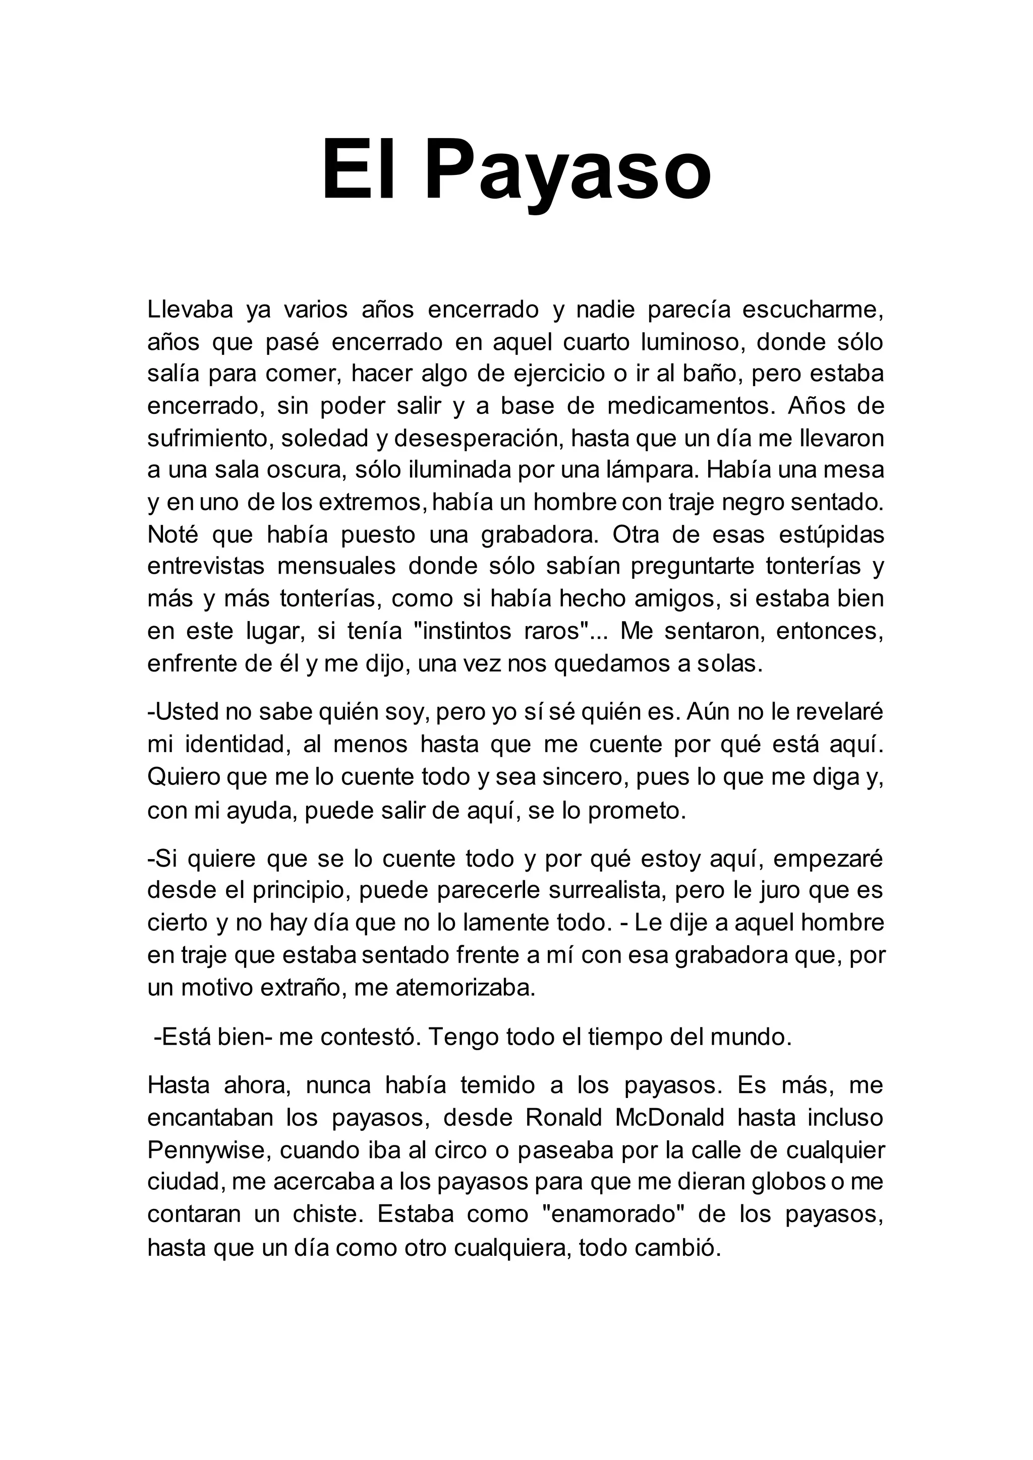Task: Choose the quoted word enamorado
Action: tap(612, 1214)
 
